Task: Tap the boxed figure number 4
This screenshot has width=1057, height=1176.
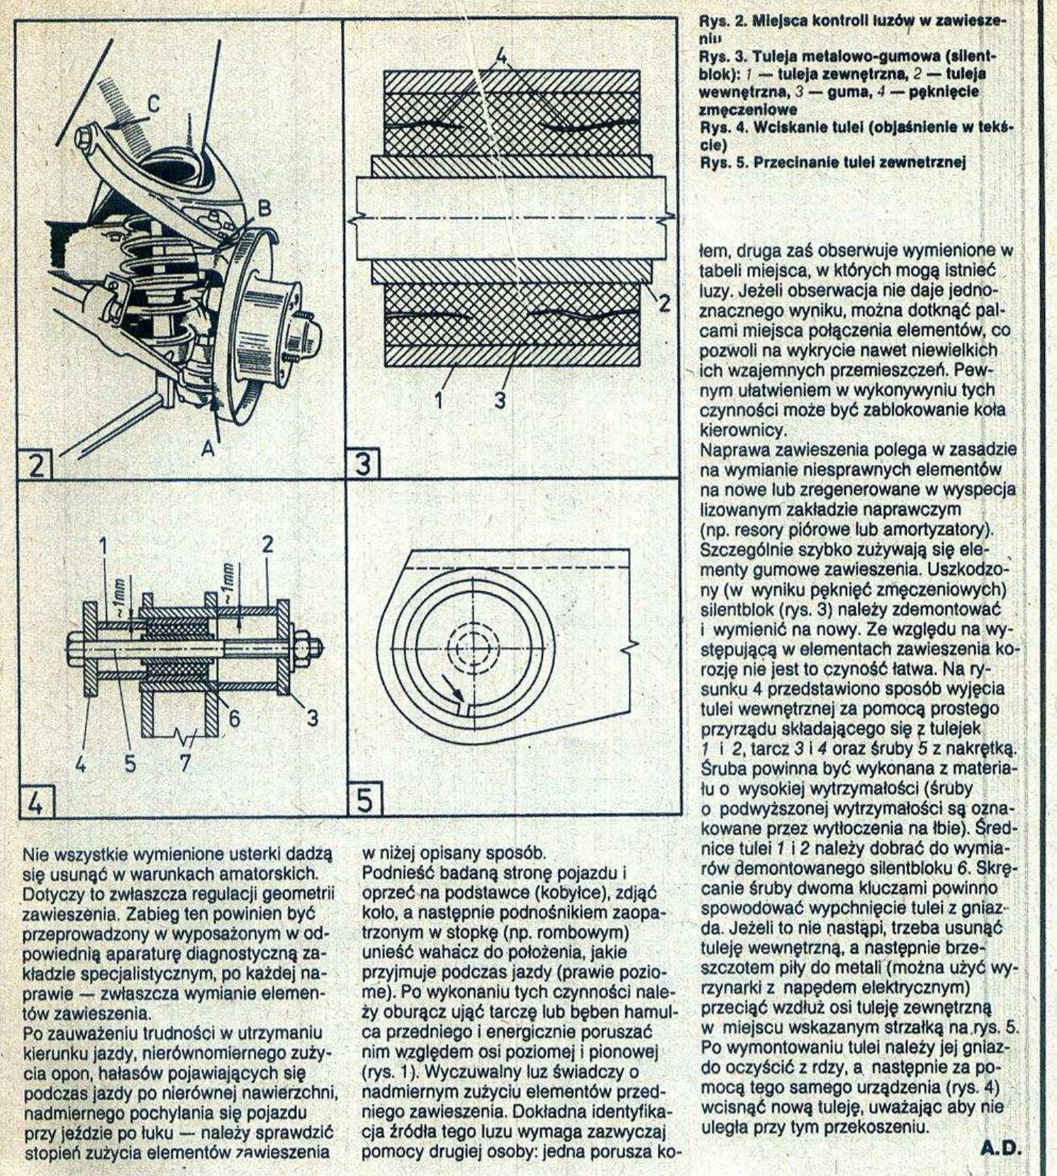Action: click(35, 803)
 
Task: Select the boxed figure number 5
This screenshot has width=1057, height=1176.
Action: click(364, 801)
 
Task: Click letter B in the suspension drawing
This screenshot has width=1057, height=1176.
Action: click(263, 210)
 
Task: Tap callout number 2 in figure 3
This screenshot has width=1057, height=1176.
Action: click(664, 303)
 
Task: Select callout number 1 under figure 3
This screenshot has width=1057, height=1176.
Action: click(438, 400)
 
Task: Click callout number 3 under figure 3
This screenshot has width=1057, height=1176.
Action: click(500, 400)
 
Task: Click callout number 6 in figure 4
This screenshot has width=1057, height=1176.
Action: click(233, 718)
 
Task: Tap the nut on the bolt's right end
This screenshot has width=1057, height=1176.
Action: click(308, 647)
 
